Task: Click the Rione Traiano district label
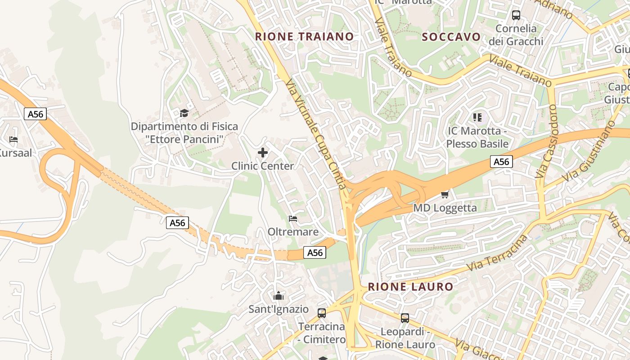coord(304,36)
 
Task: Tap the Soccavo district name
coord(451,37)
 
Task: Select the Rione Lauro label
coord(410,287)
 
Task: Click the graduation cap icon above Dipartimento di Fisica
coord(184,112)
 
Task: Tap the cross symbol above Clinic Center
coord(263,153)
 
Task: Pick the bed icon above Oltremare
coord(293,219)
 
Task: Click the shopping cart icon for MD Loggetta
coord(445,194)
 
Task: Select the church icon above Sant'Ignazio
coord(279,296)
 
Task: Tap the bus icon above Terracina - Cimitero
coord(322,313)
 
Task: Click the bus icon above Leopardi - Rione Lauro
coord(405,318)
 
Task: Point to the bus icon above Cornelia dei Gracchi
coord(516,15)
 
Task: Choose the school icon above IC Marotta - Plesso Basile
coord(477,117)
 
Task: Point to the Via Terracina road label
coord(497,252)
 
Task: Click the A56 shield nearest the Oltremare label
coord(315,252)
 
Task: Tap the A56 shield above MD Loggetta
coord(501,162)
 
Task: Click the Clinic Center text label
coord(262,166)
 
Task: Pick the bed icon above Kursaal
coord(13,139)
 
